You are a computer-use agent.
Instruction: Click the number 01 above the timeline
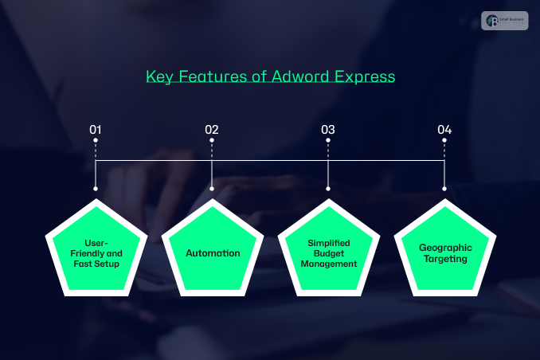[96, 129]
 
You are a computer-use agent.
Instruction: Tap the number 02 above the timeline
[212, 129]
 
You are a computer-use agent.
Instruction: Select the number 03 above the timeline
[328, 129]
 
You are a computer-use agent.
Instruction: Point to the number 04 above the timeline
[444, 129]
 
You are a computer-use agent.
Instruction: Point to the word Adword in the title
[295, 77]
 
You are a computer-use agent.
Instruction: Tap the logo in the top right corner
[505, 22]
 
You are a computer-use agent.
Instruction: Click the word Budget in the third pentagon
[329, 252]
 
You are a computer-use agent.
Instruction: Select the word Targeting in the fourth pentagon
[445, 258]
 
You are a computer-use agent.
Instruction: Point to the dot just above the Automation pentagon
[212, 189]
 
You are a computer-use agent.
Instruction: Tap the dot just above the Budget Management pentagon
[328, 189]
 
